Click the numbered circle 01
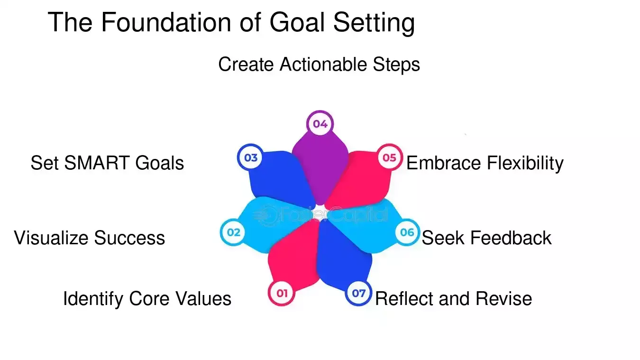282,293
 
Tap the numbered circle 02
233,232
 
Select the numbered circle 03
250,157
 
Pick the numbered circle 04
320,124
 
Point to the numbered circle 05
389,157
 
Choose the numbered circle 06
407,232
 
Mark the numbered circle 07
358,293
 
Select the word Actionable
323,65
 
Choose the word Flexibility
525,163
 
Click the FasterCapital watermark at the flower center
320,216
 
